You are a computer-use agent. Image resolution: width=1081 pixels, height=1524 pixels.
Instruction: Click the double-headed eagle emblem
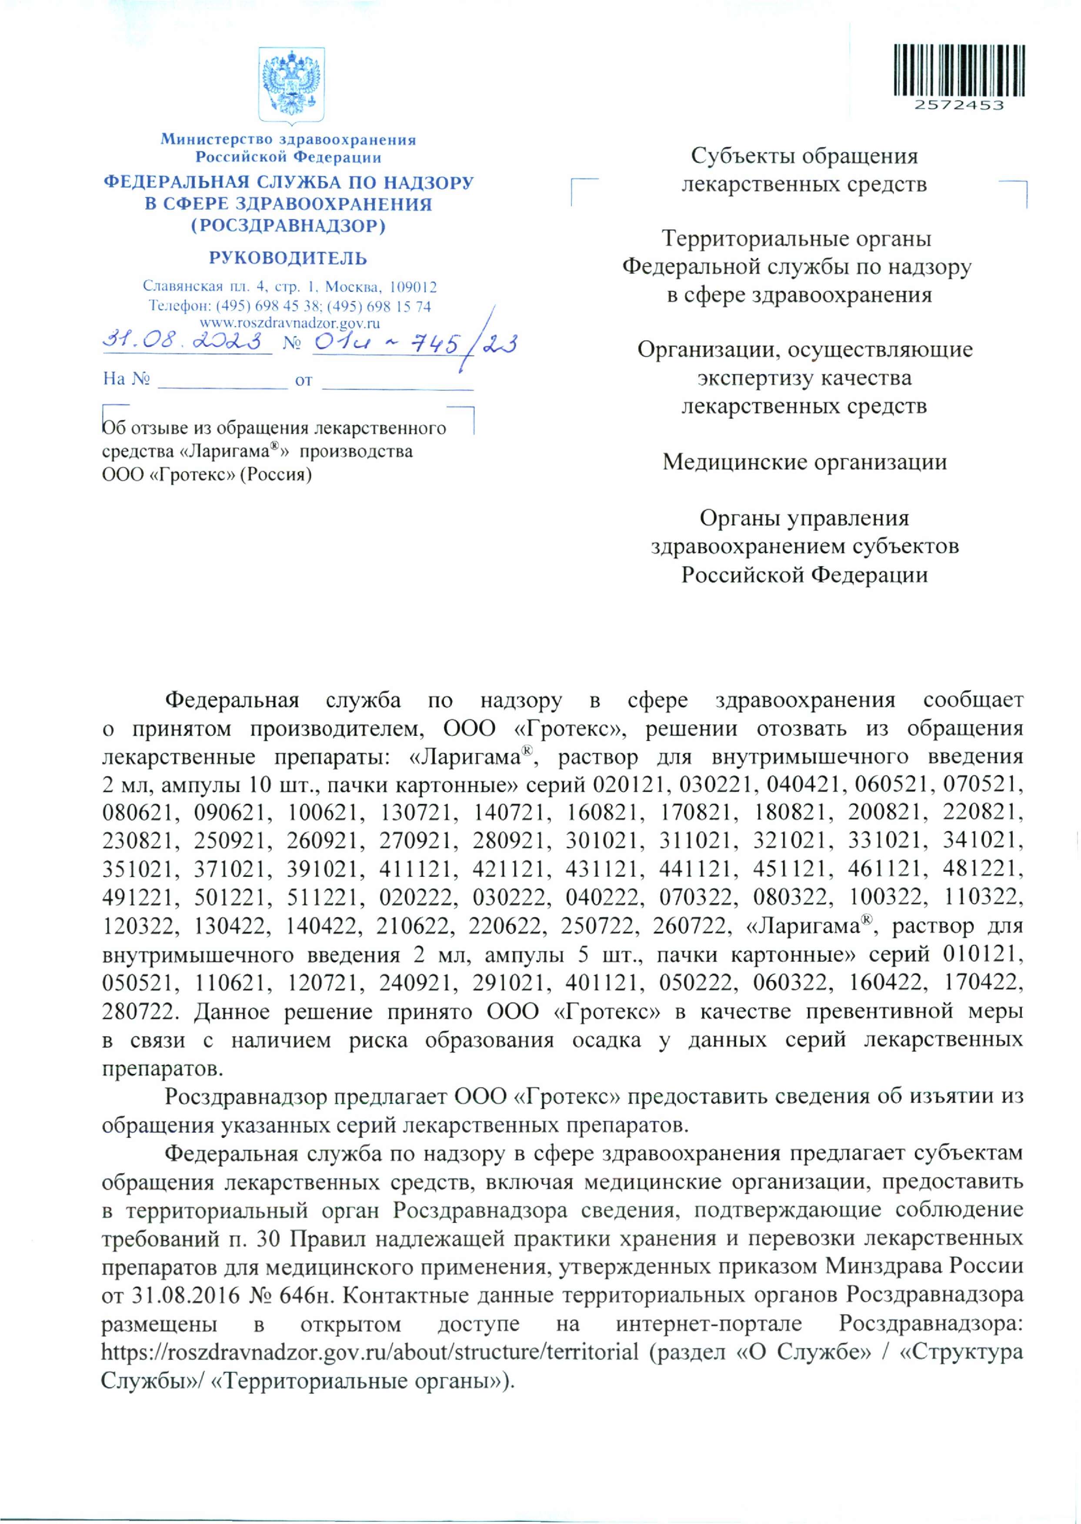(291, 84)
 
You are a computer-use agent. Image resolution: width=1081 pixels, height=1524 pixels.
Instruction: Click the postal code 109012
(412, 288)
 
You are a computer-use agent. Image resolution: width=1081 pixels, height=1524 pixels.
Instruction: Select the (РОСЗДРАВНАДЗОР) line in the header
(288, 226)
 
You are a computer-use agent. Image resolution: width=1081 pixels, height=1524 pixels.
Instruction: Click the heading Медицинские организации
(804, 462)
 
